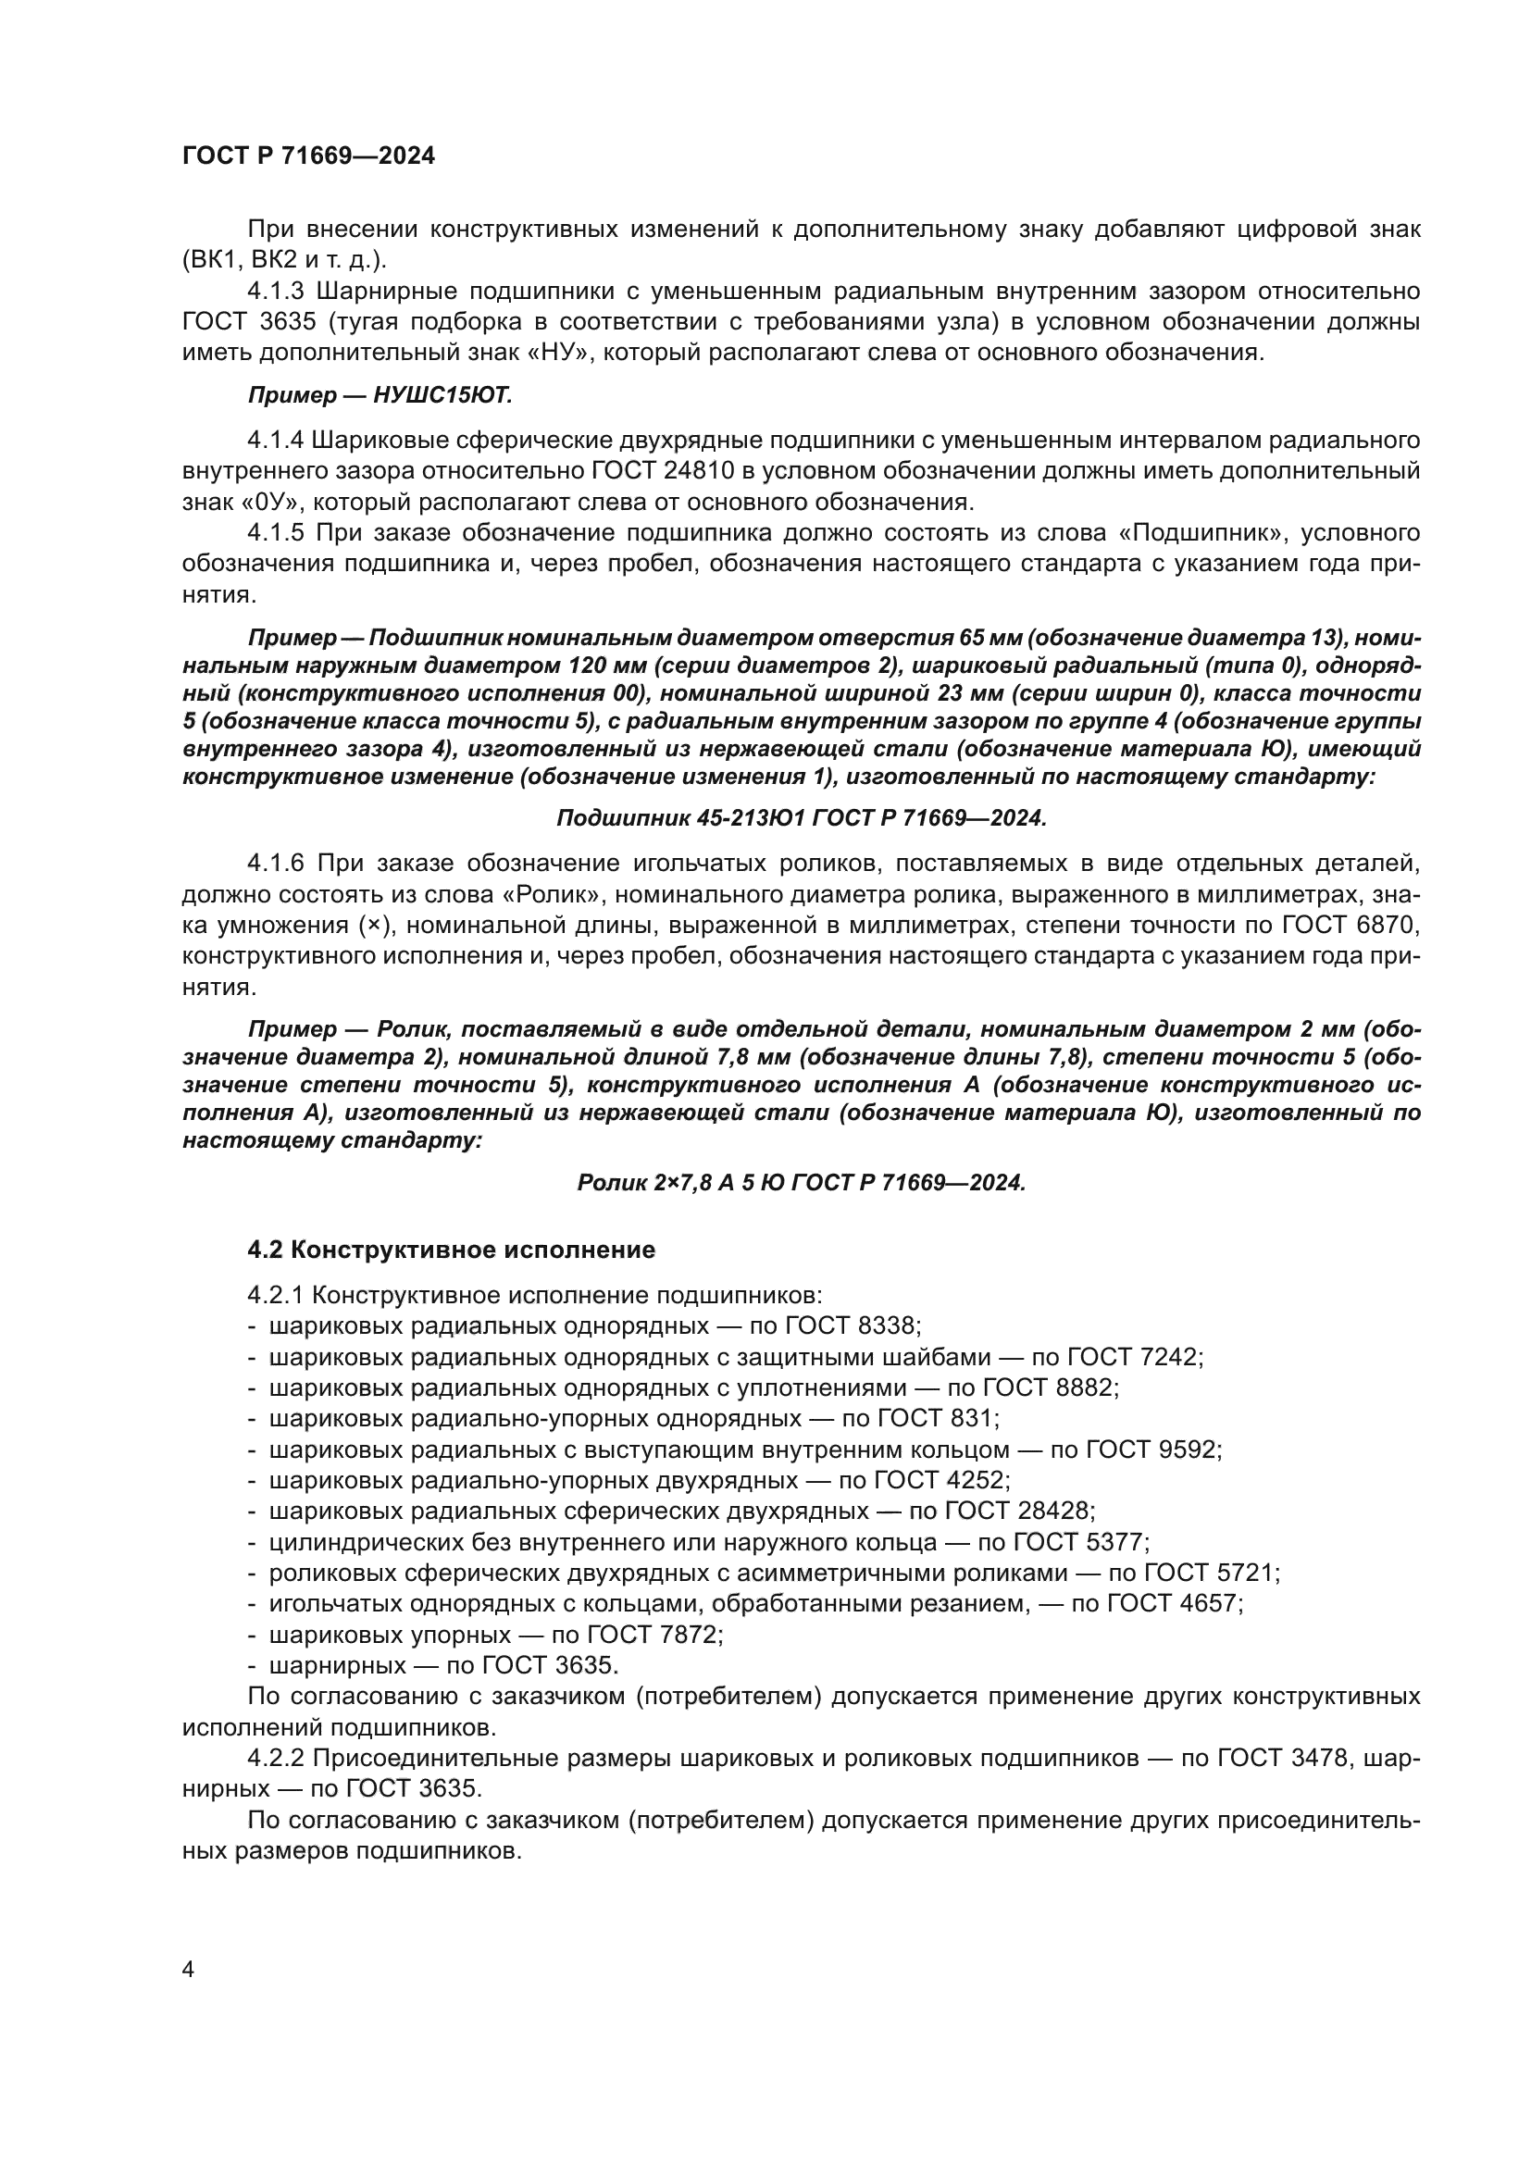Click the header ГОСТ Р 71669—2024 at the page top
(x=308, y=156)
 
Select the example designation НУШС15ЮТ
(x=442, y=395)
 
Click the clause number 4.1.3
(x=275, y=292)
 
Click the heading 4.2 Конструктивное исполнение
(x=451, y=1250)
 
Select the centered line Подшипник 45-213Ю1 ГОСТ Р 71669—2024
(x=802, y=818)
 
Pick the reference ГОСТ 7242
(x=1134, y=1357)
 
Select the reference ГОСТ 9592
(x=1153, y=1450)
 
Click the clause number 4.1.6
(x=275, y=863)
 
